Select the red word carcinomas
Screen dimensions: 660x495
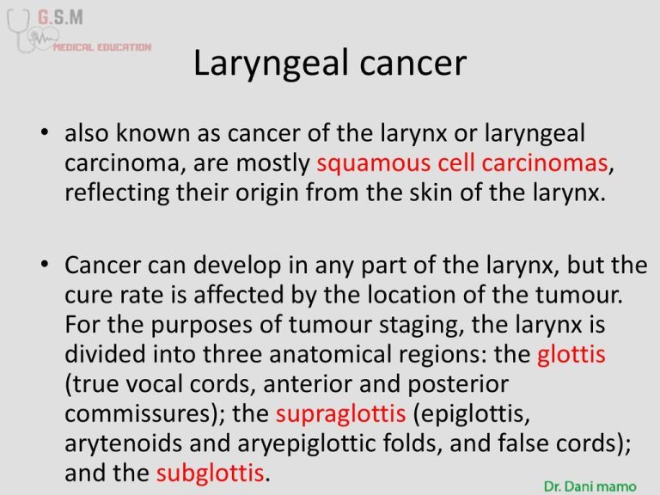tap(545, 163)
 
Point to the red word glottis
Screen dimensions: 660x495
tap(571, 353)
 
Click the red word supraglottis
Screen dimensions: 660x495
tap(341, 413)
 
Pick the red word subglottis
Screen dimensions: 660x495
tap(211, 473)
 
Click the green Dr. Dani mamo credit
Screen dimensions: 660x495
tap(590, 486)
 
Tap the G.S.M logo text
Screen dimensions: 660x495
tap(60, 17)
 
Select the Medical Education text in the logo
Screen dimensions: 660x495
tap(102, 47)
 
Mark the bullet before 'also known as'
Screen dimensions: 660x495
tap(45, 131)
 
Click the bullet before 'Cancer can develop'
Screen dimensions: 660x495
tap(45, 265)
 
